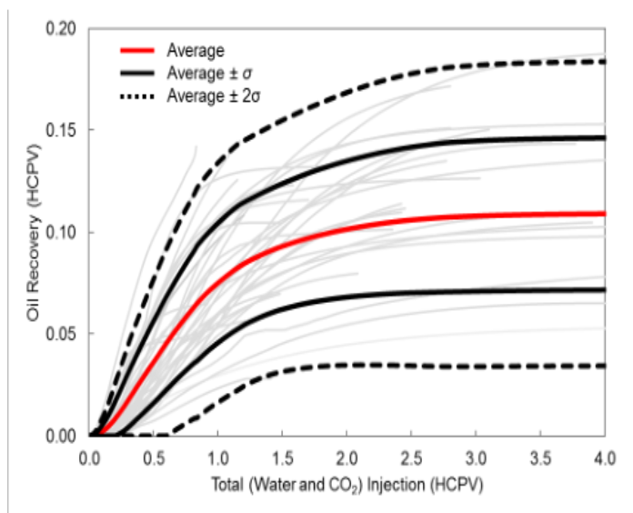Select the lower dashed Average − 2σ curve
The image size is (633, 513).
pos(409,366)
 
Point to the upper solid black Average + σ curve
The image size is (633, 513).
pos(409,145)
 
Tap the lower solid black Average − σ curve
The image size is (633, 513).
pos(409,293)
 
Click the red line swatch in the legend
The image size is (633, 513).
pos(139,50)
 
